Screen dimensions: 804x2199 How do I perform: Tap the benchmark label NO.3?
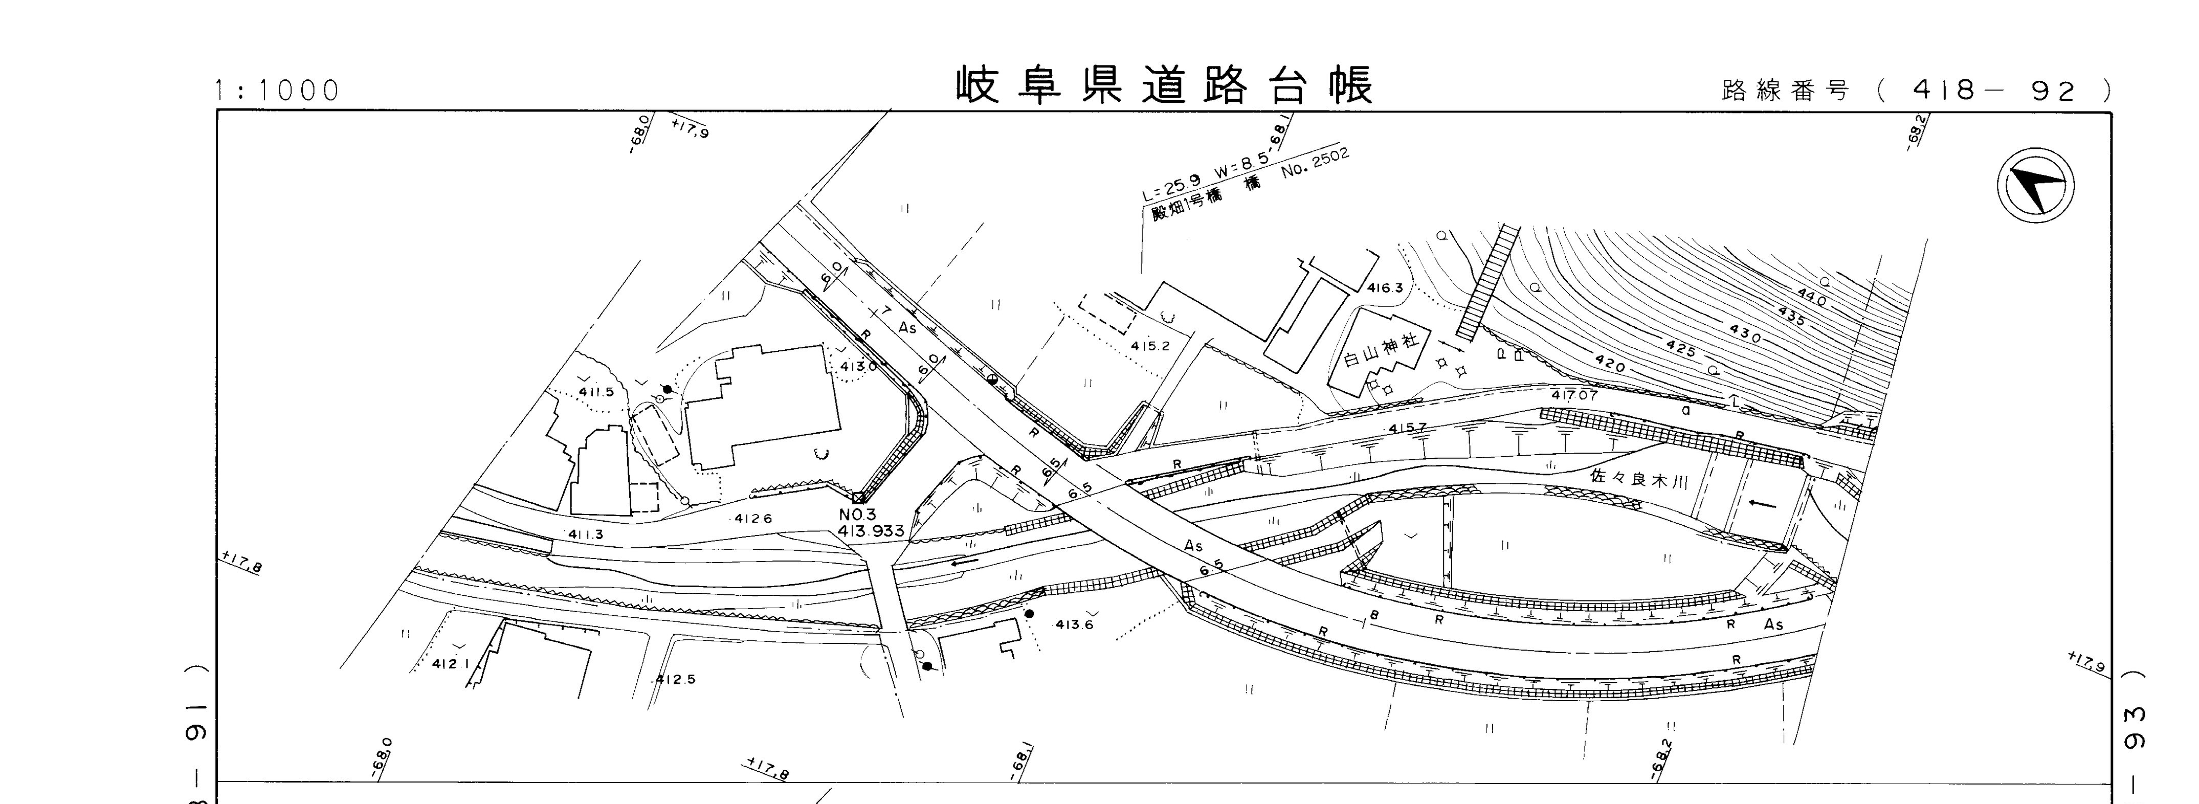click(x=857, y=515)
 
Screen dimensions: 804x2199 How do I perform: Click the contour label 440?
click(x=1811, y=297)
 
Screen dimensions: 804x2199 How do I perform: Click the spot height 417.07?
click(x=1574, y=395)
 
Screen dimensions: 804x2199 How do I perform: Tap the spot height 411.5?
click(x=596, y=392)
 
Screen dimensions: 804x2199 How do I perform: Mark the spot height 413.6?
click(x=1074, y=624)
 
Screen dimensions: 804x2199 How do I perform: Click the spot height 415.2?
click(x=1150, y=346)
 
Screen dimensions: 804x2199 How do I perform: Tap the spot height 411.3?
click(x=586, y=534)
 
